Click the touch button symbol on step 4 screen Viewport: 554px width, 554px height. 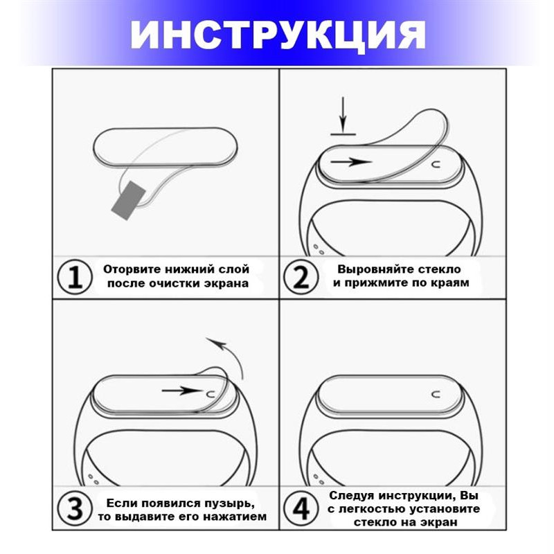(x=437, y=393)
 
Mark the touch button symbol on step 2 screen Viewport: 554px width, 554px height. (x=437, y=164)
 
